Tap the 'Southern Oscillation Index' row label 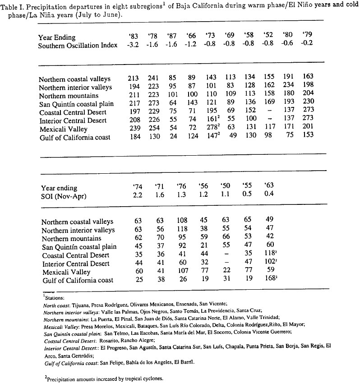click(78, 45)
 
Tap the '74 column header click(138, 188)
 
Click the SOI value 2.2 click(138, 196)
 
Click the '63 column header click(269, 188)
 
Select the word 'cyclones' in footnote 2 click(136, 379)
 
